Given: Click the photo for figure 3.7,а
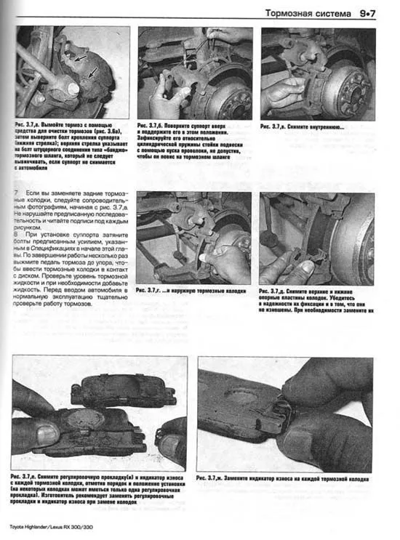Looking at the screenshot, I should [73, 73].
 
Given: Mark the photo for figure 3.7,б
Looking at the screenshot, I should [194, 73].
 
